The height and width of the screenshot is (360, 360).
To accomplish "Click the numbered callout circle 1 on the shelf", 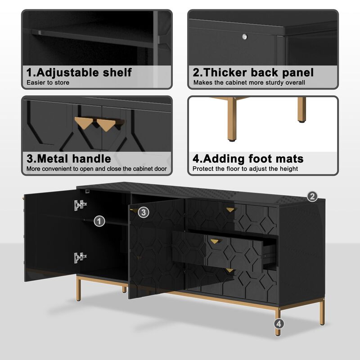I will pyautogui.click(x=99, y=221).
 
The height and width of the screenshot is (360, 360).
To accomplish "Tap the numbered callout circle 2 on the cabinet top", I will pyautogui.click(x=312, y=196).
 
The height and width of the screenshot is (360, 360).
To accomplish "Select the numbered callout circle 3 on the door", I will pyautogui.click(x=143, y=212).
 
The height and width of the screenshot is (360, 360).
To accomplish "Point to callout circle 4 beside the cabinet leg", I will pyautogui.click(x=279, y=323).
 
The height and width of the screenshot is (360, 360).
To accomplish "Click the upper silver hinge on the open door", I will pyautogui.click(x=80, y=205).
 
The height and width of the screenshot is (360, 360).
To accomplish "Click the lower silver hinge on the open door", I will pyautogui.click(x=80, y=257).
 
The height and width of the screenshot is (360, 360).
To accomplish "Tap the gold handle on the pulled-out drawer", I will pyautogui.click(x=216, y=241).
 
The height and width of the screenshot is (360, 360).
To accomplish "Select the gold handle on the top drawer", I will pyautogui.click(x=230, y=210).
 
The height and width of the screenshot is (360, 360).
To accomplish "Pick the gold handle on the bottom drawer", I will pyautogui.click(x=230, y=270).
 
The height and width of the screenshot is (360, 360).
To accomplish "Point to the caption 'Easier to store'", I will pyautogui.click(x=48, y=83).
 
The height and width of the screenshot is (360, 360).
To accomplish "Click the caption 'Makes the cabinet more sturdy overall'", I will pyautogui.click(x=249, y=83).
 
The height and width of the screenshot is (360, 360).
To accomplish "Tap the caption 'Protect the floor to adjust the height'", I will pyautogui.click(x=245, y=169).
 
